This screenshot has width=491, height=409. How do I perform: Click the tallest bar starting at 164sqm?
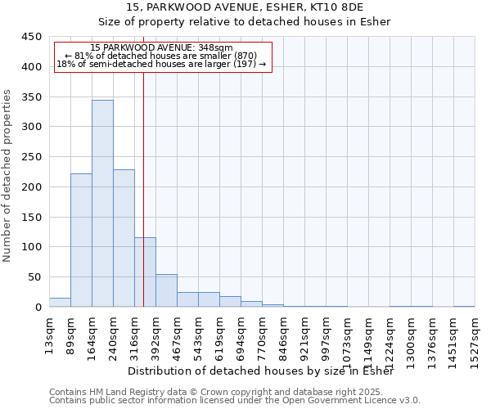point(102,204)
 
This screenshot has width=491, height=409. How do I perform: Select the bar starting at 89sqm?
point(81,240)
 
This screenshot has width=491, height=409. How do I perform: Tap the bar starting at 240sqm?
point(124,238)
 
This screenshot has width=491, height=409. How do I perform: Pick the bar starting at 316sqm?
point(145,272)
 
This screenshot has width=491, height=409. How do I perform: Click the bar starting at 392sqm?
point(166,290)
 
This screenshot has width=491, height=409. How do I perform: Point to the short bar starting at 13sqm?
point(60,302)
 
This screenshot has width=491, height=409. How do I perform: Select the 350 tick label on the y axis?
point(32,97)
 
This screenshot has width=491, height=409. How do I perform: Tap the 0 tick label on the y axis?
point(38,308)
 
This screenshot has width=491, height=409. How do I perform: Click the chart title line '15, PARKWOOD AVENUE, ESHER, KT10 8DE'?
point(245,7)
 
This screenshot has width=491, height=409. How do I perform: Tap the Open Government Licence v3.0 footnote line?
point(235,401)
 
